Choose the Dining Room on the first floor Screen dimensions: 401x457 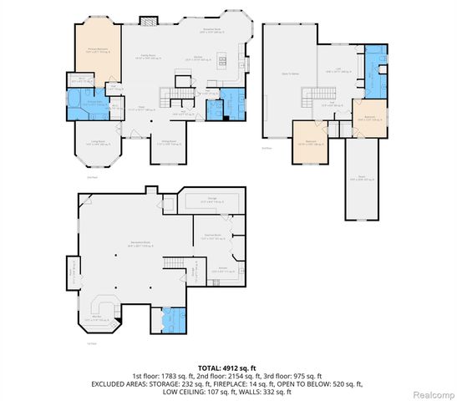click(167, 144)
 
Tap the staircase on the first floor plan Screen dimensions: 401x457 click(181, 87)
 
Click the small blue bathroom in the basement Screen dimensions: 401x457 click(173, 319)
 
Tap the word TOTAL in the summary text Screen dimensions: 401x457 click(210, 368)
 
